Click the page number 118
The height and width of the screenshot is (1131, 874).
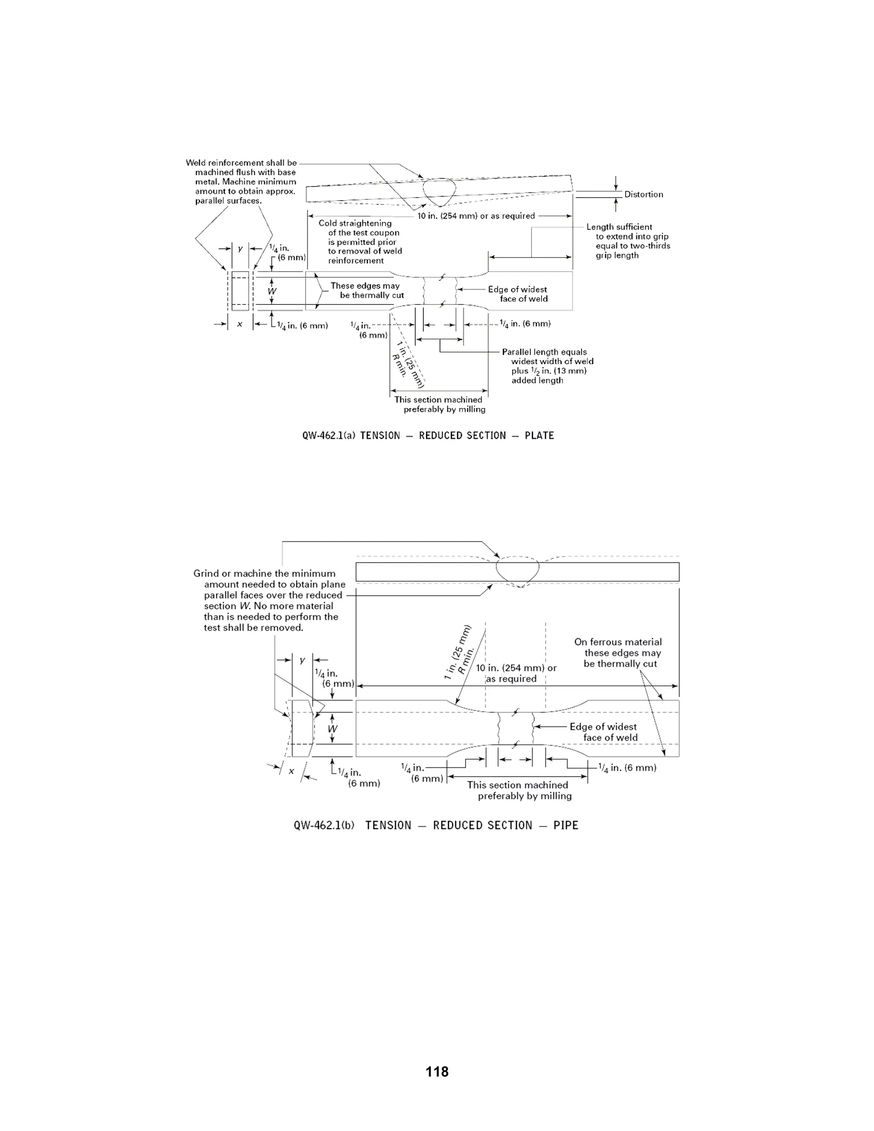[437, 1071]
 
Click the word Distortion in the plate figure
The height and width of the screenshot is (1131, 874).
[643, 194]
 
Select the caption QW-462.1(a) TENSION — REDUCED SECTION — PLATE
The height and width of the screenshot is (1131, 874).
[428, 435]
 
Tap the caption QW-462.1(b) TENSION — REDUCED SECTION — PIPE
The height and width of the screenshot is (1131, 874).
[435, 825]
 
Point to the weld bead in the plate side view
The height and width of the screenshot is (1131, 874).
[439, 191]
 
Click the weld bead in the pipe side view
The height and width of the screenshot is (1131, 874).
[517, 571]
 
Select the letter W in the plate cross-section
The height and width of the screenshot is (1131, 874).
[272, 291]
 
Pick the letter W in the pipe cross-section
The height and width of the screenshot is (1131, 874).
[332, 729]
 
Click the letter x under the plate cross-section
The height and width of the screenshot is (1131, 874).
[239, 324]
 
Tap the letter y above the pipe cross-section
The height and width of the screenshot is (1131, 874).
[303, 660]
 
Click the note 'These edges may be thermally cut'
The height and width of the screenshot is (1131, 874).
[367, 291]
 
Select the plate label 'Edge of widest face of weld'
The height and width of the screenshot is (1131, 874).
[518, 294]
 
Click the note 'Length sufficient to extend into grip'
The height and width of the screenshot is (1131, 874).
[627, 241]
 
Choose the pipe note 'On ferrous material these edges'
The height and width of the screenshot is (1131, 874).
[619, 653]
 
